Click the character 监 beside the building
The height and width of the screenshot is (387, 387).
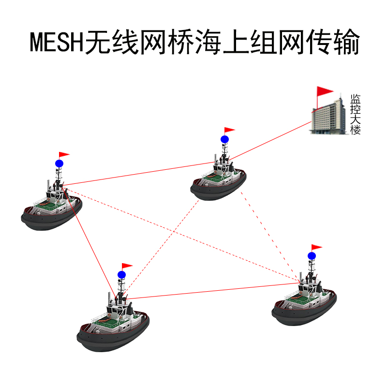coord(356,98)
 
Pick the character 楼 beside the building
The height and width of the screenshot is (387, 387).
coord(356,130)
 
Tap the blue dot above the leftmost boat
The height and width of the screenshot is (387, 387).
coord(59,164)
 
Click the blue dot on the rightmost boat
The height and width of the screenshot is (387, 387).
coord(312,255)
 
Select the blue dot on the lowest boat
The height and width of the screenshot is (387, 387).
coord(122,275)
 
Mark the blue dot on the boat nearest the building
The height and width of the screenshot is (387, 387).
coord(224,139)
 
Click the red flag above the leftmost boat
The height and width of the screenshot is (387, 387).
coord(64,155)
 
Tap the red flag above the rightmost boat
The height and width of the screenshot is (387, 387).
coord(317,248)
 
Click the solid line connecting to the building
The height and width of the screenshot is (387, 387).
coord(271,140)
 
